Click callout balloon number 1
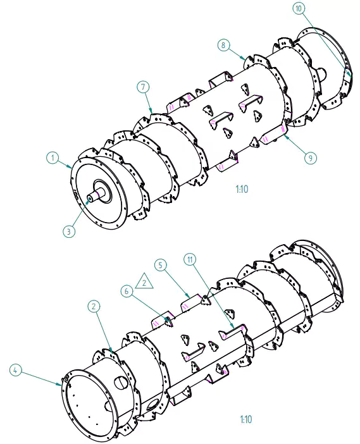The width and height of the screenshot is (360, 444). pos(54,156)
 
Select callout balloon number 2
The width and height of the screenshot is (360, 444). pos(93,306)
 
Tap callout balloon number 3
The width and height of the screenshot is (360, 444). pos(70,231)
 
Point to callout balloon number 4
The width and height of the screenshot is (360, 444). pos(16,369)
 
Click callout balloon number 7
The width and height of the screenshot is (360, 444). pos(143,85)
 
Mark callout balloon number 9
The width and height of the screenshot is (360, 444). pos(310,157)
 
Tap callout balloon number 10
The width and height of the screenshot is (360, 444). pos(299,8)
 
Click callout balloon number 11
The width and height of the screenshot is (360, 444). pos(189,259)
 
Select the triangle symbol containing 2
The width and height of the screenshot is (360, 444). pos(145,281)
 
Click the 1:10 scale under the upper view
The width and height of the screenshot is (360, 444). pos(241,188)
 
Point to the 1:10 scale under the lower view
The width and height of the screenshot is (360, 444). pos(246,419)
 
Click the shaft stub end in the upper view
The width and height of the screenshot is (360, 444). pos(89,198)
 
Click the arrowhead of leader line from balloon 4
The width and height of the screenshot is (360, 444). pos(64,383)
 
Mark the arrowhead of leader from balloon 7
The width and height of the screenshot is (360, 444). pos(152,113)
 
